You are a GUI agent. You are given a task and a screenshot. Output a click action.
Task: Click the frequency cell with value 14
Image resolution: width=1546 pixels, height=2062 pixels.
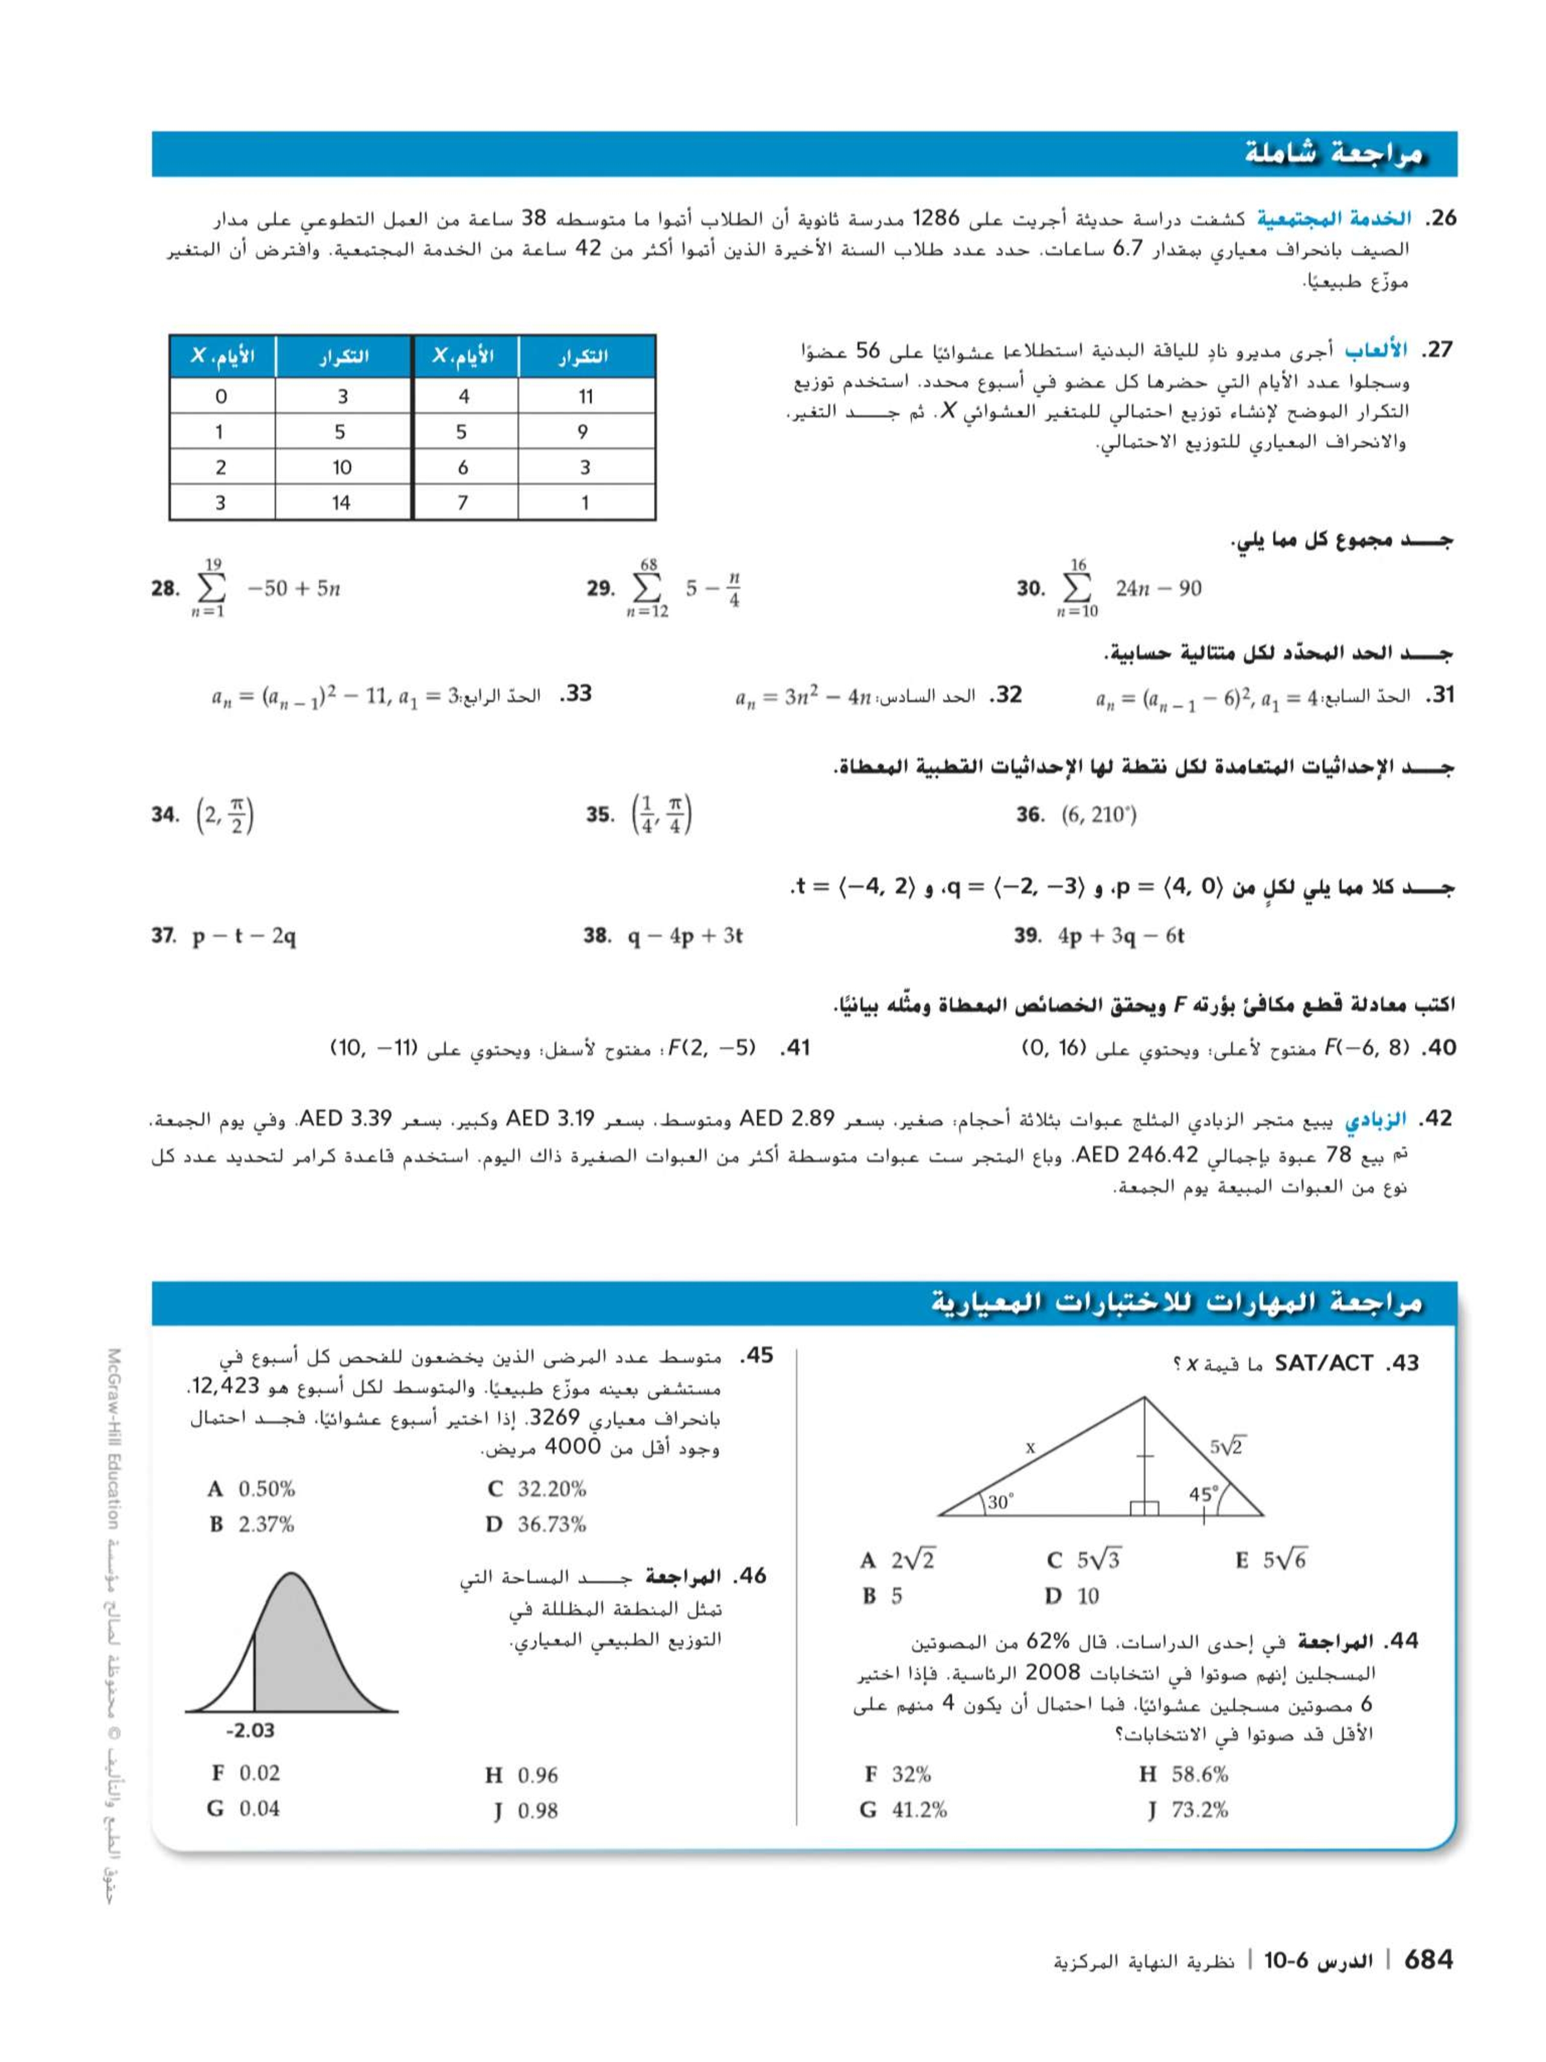(341, 503)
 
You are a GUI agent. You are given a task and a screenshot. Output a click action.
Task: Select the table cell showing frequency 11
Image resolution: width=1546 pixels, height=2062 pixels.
(585, 396)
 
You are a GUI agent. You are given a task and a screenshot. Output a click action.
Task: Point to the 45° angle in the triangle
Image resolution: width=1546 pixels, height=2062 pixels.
(1203, 1494)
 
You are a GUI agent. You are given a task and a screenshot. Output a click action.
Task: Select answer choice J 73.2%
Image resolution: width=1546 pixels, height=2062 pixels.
(1188, 1810)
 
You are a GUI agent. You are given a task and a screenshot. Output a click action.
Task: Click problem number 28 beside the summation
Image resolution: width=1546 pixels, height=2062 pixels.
(164, 588)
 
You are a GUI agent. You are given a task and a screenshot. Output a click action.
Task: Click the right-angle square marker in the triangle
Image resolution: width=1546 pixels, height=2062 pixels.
(1144, 1507)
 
